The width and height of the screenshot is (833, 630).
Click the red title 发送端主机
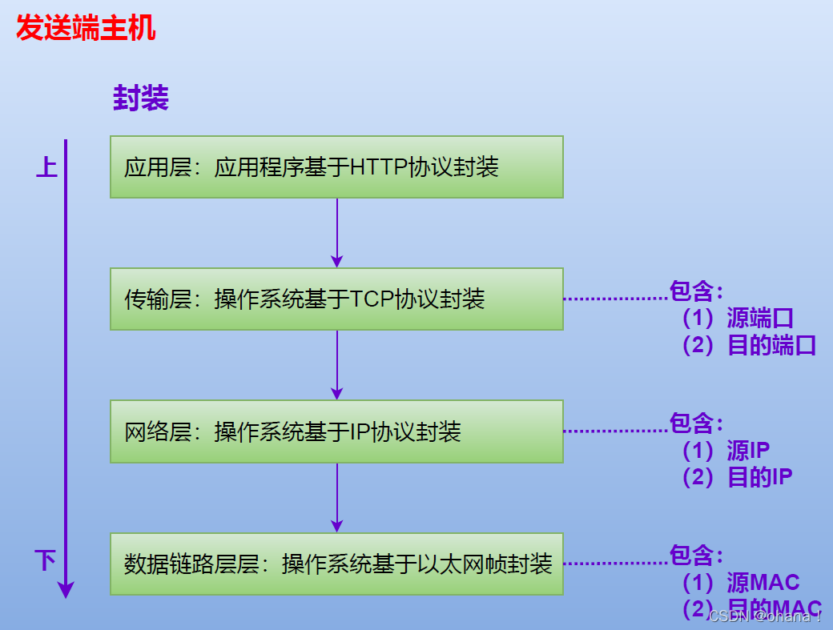click(86, 30)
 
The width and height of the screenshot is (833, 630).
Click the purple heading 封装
click(141, 99)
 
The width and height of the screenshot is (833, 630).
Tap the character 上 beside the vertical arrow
click(46, 167)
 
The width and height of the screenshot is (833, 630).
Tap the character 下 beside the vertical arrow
click(46, 560)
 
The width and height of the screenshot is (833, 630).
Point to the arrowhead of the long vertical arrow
click(66, 590)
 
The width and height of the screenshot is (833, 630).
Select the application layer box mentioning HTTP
click(336, 167)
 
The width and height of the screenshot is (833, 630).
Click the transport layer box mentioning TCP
click(336, 299)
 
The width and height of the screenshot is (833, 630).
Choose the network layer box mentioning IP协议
click(336, 431)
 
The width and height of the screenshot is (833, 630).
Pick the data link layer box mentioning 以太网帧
click(336, 564)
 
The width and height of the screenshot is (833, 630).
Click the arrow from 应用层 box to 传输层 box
click(336, 232)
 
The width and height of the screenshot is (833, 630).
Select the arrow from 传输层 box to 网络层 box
click(336, 364)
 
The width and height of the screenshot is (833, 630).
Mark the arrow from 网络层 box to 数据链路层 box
click(336, 497)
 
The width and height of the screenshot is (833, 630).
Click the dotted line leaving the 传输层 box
click(615, 299)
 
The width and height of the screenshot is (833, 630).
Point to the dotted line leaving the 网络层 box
click(615, 431)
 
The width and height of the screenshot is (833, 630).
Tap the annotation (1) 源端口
click(738, 318)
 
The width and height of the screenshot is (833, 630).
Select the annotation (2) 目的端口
click(749, 345)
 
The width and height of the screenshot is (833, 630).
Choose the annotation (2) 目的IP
click(737, 477)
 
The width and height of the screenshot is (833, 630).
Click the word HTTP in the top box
click(379, 167)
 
